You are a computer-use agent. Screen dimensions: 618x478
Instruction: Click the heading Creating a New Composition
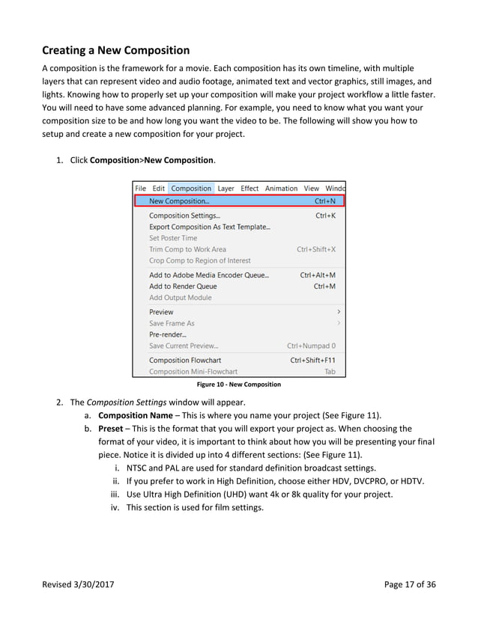(x=115, y=51)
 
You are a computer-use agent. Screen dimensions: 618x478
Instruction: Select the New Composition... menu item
(x=179, y=201)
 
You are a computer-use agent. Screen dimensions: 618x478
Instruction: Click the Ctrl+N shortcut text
(x=325, y=201)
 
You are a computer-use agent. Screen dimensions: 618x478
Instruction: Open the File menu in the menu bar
(x=141, y=189)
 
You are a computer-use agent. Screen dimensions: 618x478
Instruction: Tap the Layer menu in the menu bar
(x=226, y=189)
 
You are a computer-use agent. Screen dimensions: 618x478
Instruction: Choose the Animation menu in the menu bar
(x=281, y=189)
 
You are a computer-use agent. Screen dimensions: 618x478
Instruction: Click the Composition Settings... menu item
(x=179, y=215)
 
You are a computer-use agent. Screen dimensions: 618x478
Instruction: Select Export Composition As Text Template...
(x=210, y=227)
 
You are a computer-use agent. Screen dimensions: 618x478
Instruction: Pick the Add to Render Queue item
(x=183, y=286)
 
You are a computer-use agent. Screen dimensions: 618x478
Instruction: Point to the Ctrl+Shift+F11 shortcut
(x=312, y=360)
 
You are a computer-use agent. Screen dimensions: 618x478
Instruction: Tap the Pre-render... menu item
(x=168, y=334)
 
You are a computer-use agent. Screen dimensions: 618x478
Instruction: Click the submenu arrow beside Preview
(x=339, y=311)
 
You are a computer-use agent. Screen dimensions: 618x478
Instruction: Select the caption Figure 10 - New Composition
(x=238, y=385)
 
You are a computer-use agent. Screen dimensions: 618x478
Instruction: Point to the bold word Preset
(x=111, y=429)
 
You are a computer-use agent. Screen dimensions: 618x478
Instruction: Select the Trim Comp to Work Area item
(x=187, y=249)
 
